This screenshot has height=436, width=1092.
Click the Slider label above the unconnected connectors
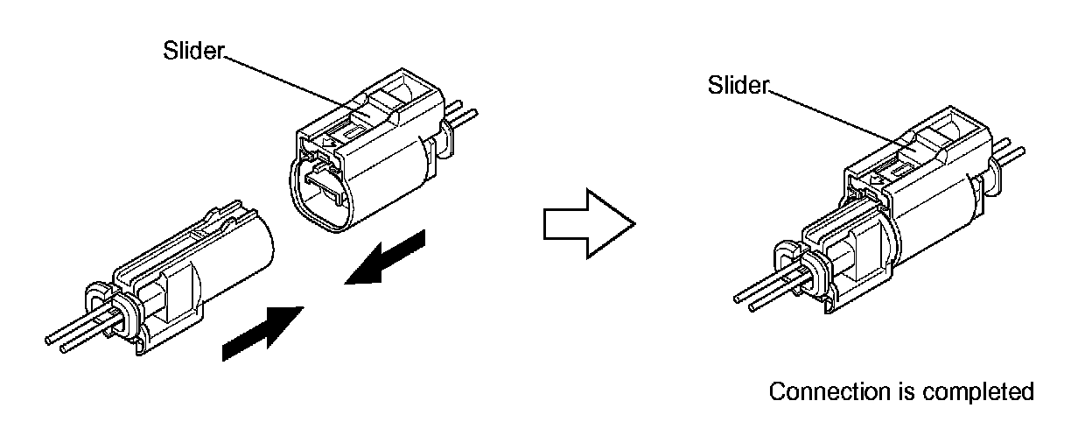(x=193, y=51)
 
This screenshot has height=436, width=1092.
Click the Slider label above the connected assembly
(x=738, y=85)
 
